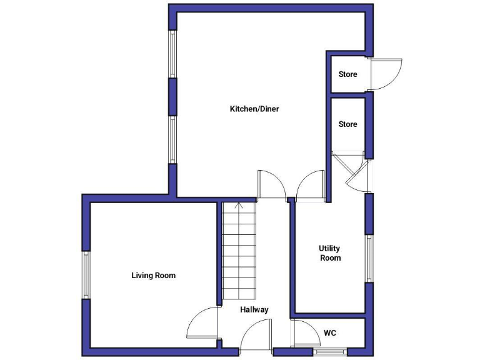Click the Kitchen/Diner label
254,109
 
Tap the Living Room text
153,275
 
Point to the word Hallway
254,309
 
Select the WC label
330,333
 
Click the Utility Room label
330,253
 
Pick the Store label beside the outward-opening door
348,74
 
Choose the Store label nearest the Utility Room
348,124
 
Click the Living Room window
87,275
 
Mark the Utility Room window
369,258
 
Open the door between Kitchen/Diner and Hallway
271,186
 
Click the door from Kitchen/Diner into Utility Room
309,187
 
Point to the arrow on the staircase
238,206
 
